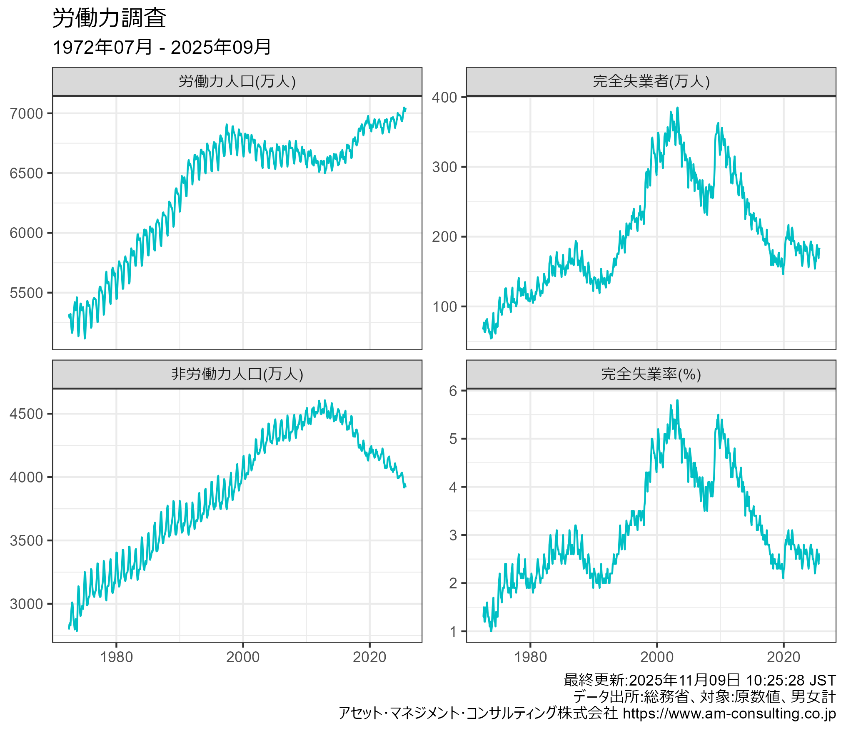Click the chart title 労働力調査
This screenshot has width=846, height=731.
click(x=109, y=19)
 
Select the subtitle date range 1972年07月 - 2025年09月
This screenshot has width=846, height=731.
click(x=162, y=47)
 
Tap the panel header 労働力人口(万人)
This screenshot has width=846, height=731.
click(x=237, y=81)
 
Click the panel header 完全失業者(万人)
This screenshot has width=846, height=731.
click(x=651, y=81)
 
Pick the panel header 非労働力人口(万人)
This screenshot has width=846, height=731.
click(x=237, y=374)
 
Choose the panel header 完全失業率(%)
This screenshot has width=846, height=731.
click(x=651, y=374)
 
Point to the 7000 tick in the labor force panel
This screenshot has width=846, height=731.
click(x=26, y=113)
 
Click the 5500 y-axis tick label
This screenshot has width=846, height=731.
click(x=26, y=293)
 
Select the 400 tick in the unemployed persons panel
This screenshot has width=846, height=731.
click(x=444, y=97)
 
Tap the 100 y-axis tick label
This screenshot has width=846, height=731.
click(x=444, y=306)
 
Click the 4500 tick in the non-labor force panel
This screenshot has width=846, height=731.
click(x=26, y=414)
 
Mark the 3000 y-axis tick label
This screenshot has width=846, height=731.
click(x=26, y=604)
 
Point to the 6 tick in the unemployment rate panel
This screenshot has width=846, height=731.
click(x=453, y=391)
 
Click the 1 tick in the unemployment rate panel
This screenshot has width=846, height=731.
click(x=453, y=632)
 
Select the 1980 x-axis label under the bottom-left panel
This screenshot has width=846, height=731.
click(x=116, y=657)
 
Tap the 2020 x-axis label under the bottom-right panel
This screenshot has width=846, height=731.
click(x=784, y=657)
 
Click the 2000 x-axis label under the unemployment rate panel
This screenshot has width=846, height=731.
click(x=657, y=657)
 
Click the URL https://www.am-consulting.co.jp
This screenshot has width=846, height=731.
click(x=729, y=713)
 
